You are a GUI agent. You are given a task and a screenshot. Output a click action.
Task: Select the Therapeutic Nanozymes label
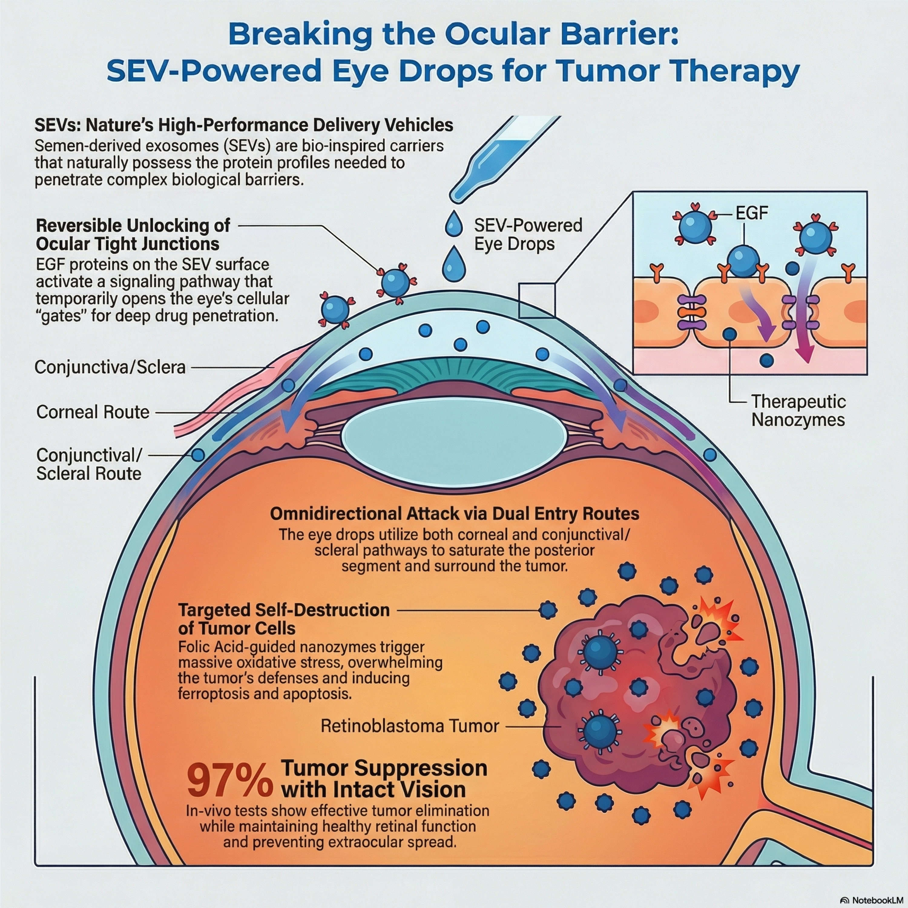click(x=798, y=410)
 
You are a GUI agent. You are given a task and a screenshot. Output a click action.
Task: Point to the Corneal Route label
click(x=93, y=412)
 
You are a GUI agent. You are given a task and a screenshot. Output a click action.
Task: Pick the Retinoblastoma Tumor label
click(x=409, y=726)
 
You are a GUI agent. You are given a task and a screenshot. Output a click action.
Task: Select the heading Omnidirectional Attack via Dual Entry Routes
click(x=455, y=514)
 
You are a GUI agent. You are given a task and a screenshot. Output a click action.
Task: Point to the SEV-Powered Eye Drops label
click(x=528, y=235)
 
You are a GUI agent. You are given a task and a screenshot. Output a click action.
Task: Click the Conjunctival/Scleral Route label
click(x=89, y=464)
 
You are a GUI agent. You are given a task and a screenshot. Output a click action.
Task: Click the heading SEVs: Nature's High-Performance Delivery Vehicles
click(x=244, y=125)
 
